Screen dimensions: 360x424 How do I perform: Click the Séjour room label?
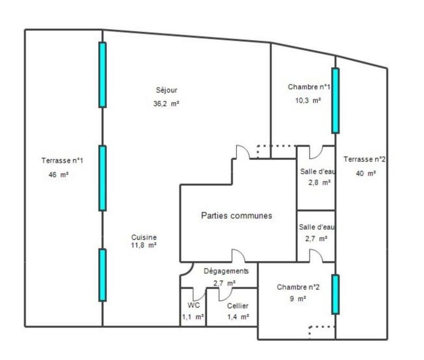tap(167, 90)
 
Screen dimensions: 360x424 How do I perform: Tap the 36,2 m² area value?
tap(166, 104)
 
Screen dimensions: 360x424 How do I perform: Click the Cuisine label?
tap(144, 237)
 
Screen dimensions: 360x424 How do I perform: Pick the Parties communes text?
tap(236, 216)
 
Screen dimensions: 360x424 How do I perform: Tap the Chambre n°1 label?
tap(310, 87)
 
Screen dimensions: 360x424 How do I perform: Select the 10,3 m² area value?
tap(308, 100)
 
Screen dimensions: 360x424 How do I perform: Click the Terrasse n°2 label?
tap(364, 159)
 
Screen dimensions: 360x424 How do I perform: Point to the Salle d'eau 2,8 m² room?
tap(316, 176)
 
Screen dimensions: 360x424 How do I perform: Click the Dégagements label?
tap(226, 271)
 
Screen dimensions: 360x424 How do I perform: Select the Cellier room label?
tap(237, 306)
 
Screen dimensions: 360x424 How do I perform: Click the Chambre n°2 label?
tap(298, 287)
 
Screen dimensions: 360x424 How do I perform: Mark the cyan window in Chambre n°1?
tap(335, 101)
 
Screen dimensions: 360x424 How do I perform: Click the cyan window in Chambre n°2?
tap(335, 294)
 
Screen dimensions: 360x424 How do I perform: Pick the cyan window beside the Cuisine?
tap(102, 275)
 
